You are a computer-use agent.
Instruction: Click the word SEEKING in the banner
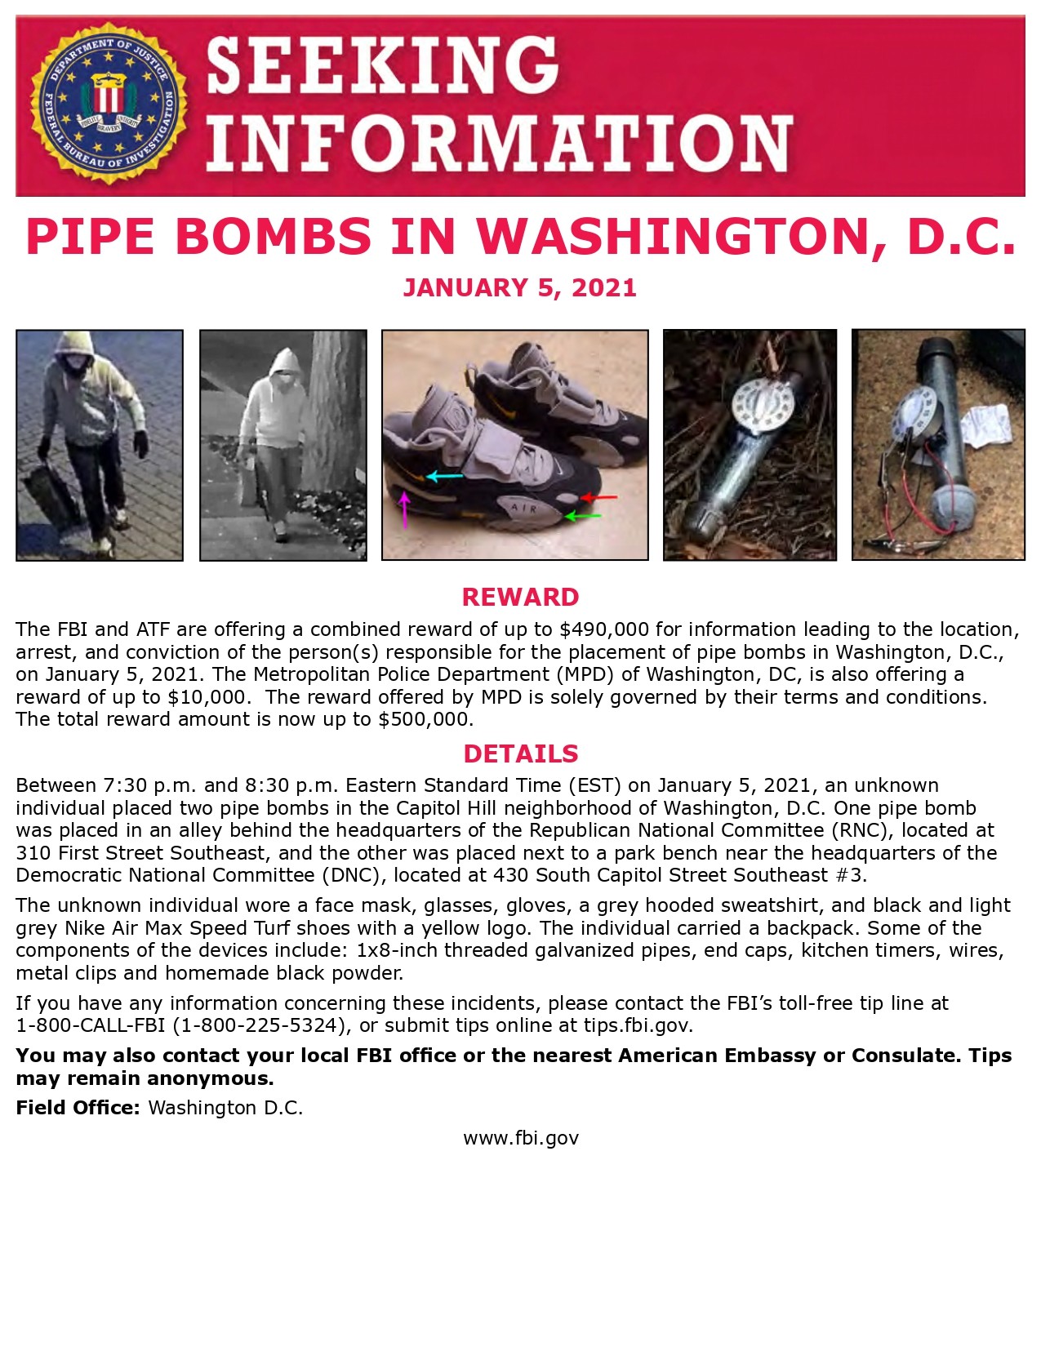coord(382,65)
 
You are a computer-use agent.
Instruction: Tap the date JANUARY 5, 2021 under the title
coord(519,288)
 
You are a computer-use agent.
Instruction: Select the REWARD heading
coord(520,597)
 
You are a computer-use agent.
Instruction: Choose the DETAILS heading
coord(520,754)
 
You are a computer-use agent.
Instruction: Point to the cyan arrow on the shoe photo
coord(443,476)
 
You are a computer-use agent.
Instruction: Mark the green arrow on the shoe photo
coord(583,516)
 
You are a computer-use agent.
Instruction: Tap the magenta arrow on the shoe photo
coord(403,509)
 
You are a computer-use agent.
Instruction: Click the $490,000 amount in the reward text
coord(604,629)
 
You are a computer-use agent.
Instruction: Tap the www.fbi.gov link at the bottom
coord(520,1138)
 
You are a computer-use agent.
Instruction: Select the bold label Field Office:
coord(78,1108)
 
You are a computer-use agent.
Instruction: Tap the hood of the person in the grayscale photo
coord(283,363)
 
